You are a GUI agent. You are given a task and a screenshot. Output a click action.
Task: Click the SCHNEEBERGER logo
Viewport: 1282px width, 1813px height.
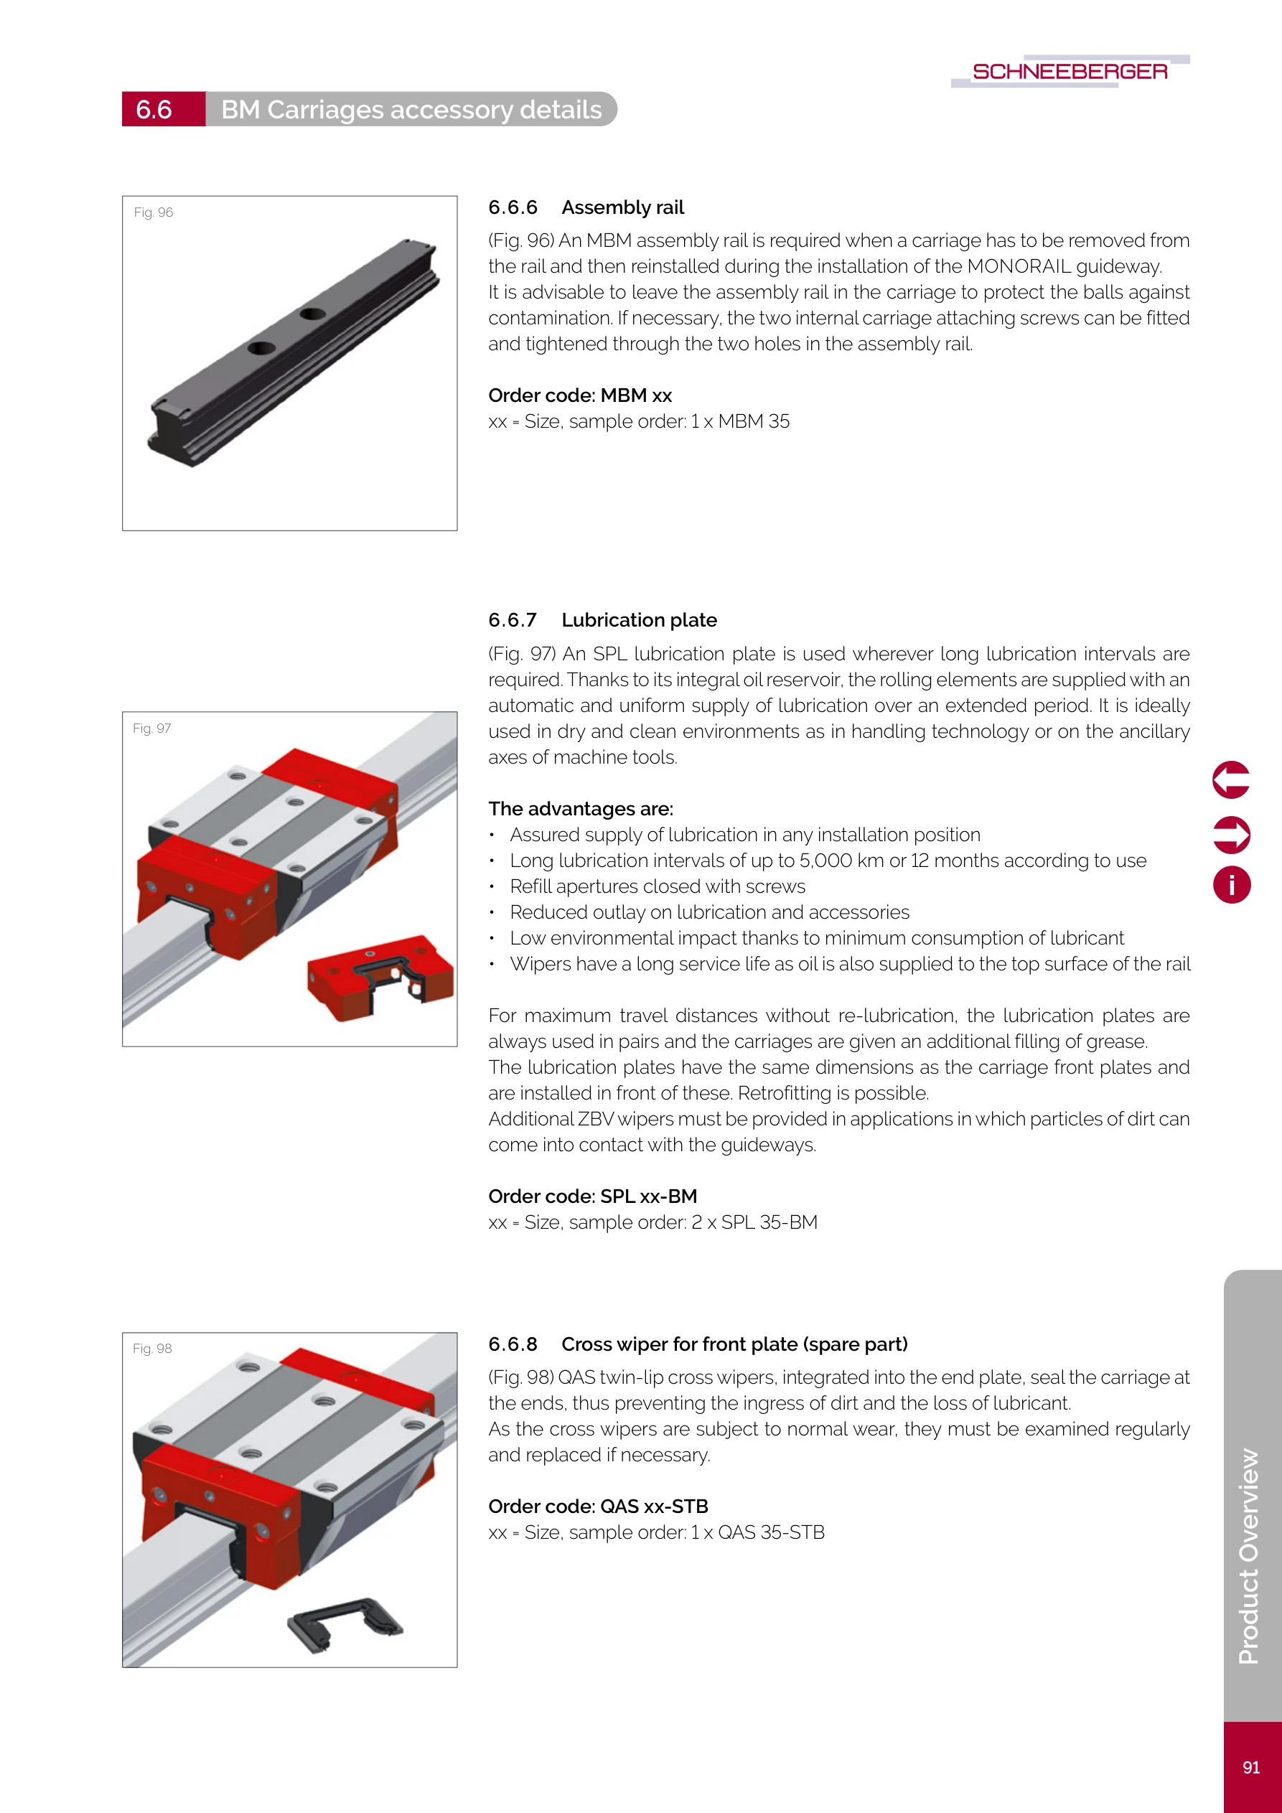pyautogui.click(x=1070, y=71)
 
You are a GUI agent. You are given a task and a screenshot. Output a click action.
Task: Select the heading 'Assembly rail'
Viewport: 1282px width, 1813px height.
pyautogui.click(x=622, y=207)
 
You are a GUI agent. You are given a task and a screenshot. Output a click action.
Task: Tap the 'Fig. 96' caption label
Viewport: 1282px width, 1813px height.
pyautogui.click(x=153, y=212)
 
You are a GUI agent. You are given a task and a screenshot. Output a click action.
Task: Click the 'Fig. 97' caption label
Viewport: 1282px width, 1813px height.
pyautogui.click(x=151, y=728)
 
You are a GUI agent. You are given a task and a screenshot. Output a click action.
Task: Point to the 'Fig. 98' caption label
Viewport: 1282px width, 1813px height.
pyautogui.click(x=151, y=1349)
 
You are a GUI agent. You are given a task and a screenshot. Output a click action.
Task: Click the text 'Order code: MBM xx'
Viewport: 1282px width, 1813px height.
pyautogui.click(x=580, y=395)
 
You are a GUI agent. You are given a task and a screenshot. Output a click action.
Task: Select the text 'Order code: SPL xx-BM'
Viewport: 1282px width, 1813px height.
pyautogui.click(x=592, y=1196)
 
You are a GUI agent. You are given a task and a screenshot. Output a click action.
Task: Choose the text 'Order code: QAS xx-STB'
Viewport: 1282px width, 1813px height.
pyautogui.click(x=598, y=1507)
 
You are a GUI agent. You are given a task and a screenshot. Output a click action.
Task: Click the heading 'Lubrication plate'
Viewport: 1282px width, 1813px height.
pyautogui.click(x=639, y=621)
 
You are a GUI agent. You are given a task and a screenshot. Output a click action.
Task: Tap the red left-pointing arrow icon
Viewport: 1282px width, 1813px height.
pyautogui.click(x=1230, y=780)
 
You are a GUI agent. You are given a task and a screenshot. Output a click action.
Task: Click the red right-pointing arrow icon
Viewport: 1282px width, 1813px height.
pyautogui.click(x=1230, y=835)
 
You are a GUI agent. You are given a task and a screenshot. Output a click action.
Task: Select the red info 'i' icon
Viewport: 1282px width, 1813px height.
pyautogui.click(x=1230, y=885)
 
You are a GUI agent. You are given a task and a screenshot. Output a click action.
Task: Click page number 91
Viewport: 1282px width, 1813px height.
pyautogui.click(x=1251, y=1767)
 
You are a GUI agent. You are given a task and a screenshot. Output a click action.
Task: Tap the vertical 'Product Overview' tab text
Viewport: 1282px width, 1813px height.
pyautogui.click(x=1249, y=1555)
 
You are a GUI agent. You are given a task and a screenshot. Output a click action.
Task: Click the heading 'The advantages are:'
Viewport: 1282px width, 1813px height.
pyautogui.click(x=581, y=810)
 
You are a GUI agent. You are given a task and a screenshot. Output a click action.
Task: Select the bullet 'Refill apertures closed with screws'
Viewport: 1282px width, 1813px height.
pyautogui.click(x=658, y=886)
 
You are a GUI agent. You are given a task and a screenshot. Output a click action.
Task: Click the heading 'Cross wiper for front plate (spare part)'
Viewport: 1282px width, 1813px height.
pyautogui.click(x=734, y=1344)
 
